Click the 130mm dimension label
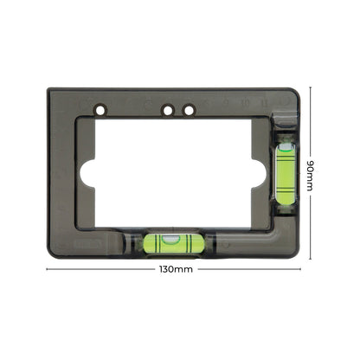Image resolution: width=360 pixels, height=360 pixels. pyautogui.click(x=177, y=269)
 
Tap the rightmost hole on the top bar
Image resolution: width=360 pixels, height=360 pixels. pyautogui.click(x=188, y=111)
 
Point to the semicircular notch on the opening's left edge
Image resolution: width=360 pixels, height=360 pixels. pyautogui.click(x=87, y=170)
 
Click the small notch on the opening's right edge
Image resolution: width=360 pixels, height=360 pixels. pyautogui.click(x=259, y=170)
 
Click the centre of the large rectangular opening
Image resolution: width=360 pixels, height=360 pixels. pyautogui.click(x=173, y=170)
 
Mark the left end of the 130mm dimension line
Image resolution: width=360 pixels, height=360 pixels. pyautogui.click(x=47, y=269)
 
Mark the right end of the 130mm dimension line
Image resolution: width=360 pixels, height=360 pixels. pyautogui.click(x=305, y=269)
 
